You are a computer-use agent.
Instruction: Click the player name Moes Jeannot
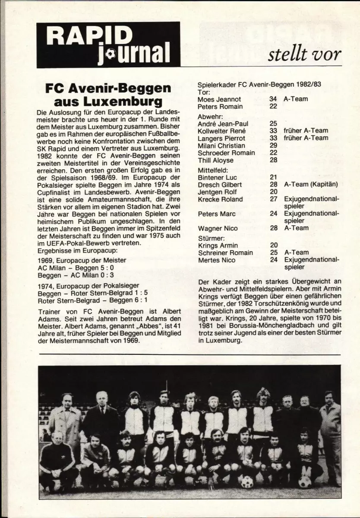click(x=220, y=99)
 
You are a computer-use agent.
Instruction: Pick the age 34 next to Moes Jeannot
click(x=273, y=99)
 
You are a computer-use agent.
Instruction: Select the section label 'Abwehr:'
click(x=210, y=116)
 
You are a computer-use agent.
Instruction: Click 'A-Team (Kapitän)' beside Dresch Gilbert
click(x=311, y=185)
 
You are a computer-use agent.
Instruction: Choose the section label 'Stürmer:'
click(x=212, y=238)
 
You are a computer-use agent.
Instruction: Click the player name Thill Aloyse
click(x=215, y=160)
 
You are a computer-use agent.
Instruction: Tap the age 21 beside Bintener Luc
click(x=273, y=177)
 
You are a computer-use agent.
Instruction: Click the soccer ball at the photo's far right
click(x=305, y=480)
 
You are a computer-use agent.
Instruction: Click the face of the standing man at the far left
click(x=67, y=399)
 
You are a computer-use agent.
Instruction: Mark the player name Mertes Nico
click(x=217, y=260)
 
